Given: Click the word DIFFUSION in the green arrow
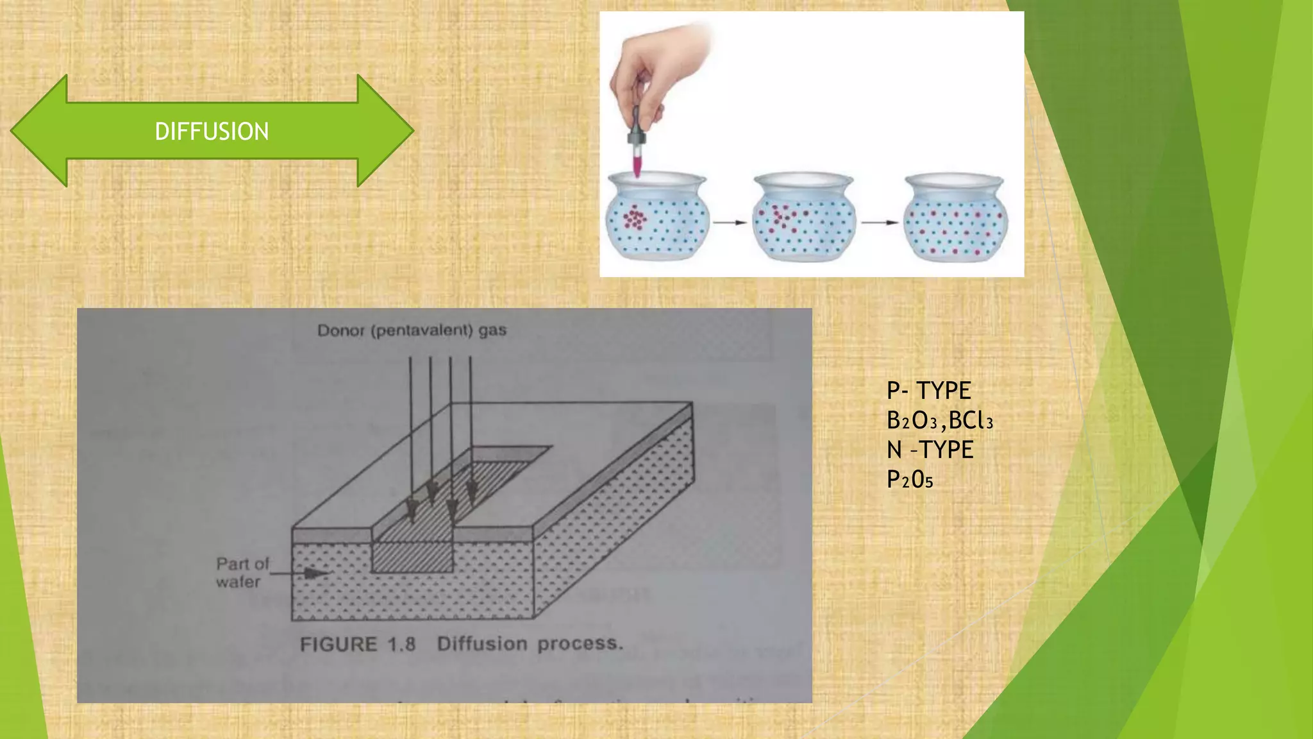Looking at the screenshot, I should (x=212, y=132).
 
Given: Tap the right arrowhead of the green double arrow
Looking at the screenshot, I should (x=385, y=131).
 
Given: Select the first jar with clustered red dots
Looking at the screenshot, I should (x=656, y=218).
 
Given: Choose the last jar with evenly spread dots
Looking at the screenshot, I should (x=955, y=218).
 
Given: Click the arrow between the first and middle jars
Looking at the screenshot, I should (x=730, y=223).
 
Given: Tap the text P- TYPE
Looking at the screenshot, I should (x=928, y=390).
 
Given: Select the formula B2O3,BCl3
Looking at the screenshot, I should (x=939, y=421).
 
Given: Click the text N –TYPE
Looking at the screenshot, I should (x=930, y=450).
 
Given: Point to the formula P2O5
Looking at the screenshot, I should (x=909, y=479).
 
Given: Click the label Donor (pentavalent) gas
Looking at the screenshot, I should (x=412, y=331).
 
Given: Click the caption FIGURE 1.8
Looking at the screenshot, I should (x=358, y=644).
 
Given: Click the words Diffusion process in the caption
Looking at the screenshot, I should (x=530, y=643).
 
